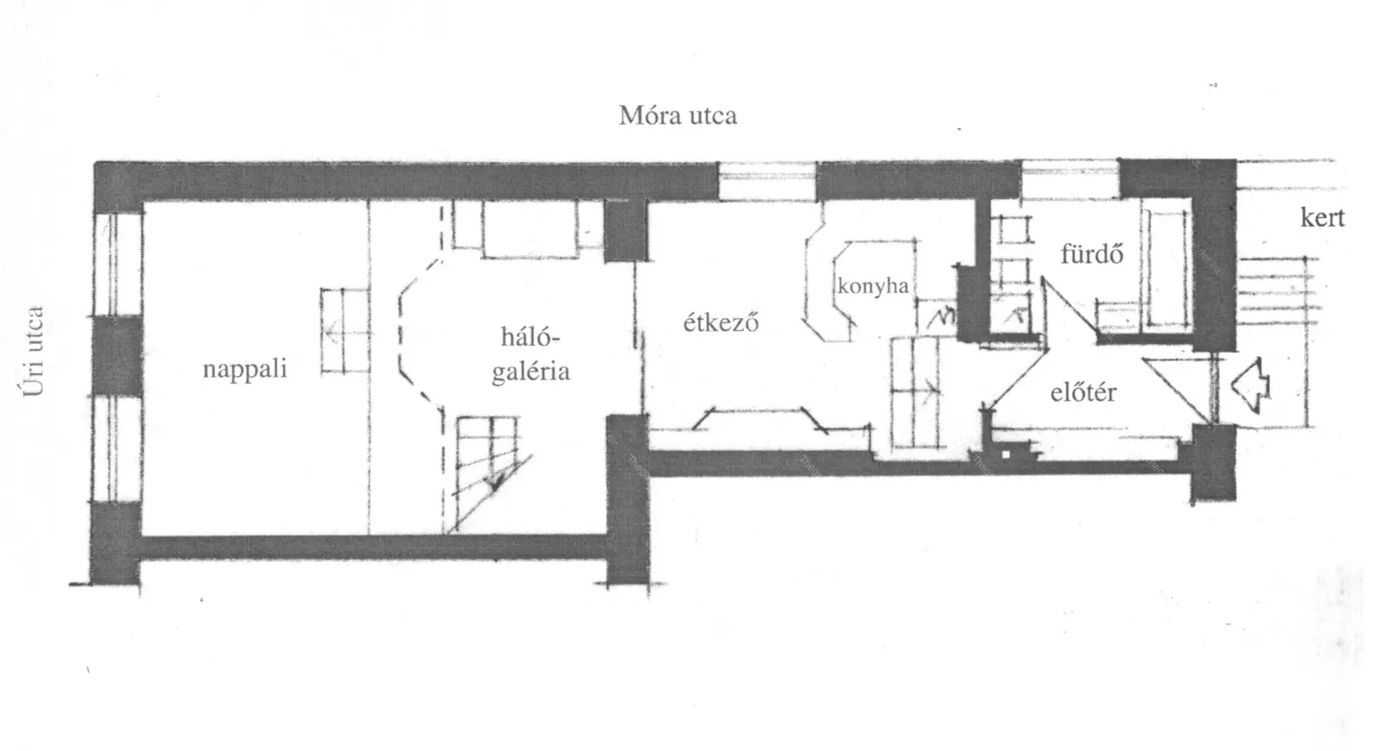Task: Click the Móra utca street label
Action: (678, 116)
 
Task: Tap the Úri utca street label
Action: (34, 351)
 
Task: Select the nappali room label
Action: (245, 368)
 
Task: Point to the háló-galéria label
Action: (530, 354)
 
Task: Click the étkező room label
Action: (721, 322)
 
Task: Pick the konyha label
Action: (873, 286)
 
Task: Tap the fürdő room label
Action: (1092, 253)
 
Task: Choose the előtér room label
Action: (1083, 391)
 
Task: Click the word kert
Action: (1322, 217)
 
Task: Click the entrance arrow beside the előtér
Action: (1250, 387)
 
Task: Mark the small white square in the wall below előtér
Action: (1006, 454)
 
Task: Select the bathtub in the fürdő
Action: (1165, 268)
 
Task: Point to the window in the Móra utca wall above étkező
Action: (768, 180)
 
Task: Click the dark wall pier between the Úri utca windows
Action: (117, 356)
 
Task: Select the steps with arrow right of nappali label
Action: (346, 331)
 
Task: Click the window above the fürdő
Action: (1070, 179)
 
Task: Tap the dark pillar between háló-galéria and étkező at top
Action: (625, 230)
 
